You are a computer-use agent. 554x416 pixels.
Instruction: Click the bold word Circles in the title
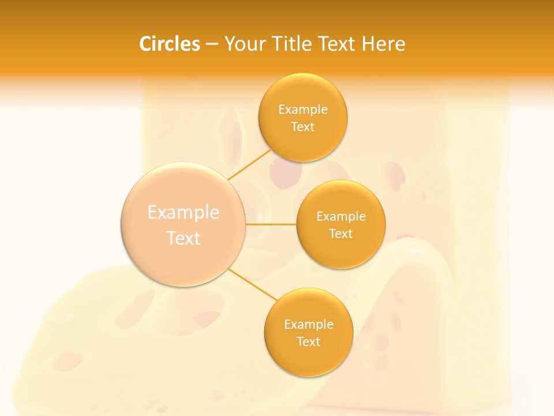tap(170, 44)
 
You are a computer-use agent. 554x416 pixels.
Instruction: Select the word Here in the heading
tap(383, 44)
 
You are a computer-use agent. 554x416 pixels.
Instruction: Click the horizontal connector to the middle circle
tap(271, 224)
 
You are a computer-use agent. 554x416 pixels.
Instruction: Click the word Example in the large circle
tap(184, 213)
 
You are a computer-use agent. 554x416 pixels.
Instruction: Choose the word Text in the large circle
tap(184, 238)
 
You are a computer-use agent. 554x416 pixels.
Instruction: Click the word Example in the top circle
tap(303, 110)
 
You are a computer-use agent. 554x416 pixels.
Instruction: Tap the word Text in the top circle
tap(302, 127)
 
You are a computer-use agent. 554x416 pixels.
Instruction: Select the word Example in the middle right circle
tap(341, 217)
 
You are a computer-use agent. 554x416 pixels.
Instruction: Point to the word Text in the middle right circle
tap(341, 234)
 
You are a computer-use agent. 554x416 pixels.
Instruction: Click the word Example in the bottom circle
tap(309, 325)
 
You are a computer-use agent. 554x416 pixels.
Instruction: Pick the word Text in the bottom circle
tap(308, 342)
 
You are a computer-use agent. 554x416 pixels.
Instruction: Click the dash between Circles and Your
tap(212, 44)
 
